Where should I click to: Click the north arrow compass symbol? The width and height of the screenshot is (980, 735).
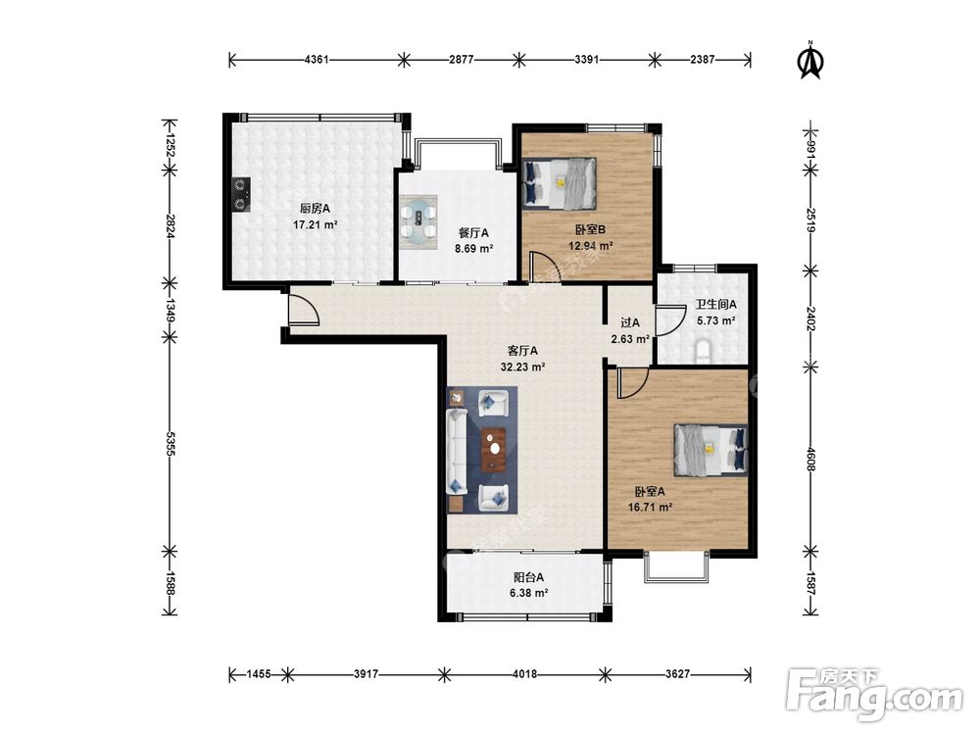(x=811, y=61)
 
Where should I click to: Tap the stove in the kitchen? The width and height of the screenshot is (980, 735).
(x=241, y=194)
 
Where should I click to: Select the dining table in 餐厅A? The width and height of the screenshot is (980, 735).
(x=418, y=221)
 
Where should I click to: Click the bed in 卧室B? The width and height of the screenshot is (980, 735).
(x=560, y=182)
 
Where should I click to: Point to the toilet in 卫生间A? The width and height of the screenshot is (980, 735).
(x=704, y=352)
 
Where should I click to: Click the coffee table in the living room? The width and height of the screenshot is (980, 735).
(x=494, y=449)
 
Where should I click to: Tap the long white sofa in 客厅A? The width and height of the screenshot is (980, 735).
(x=457, y=451)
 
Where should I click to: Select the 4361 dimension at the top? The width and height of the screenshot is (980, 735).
(x=316, y=60)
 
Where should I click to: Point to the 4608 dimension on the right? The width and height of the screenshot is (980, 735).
(x=810, y=460)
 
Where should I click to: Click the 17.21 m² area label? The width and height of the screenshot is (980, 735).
(x=316, y=223)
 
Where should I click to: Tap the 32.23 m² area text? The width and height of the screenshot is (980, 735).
(x=523, y=367)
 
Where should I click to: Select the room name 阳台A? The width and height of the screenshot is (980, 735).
(x=529, y=577)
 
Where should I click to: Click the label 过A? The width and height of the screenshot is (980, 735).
(x=630, y=323)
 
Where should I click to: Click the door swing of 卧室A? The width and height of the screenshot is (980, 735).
(x=632, y=383)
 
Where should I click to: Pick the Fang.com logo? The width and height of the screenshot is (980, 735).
(x=874, y=694)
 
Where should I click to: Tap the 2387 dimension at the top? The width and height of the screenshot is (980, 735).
(x=703, y=60)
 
